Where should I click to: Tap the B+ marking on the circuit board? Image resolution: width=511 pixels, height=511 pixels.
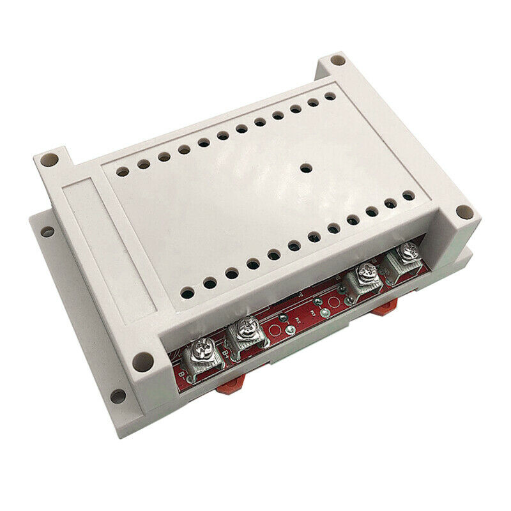[x=225, y=353]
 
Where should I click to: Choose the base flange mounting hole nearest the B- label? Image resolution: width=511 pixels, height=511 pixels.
[x=117, y=396]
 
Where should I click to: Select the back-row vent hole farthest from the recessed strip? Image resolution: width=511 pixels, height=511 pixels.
[x=330, y=96]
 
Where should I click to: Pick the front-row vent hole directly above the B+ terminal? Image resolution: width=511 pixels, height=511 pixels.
[x=231, y=273]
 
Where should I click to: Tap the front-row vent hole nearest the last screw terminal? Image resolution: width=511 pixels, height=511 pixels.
[x=408, y=195]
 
